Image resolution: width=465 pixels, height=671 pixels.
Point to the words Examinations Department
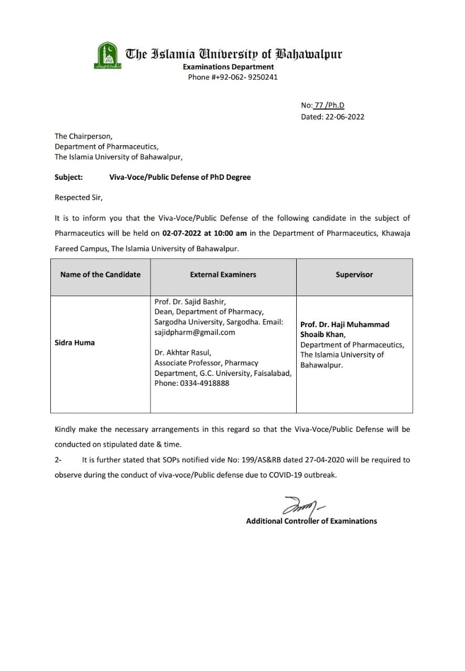pos(228,67)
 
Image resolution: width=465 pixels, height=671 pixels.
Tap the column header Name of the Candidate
pos(100,274)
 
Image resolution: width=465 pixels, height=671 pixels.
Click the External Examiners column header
pos(223,274)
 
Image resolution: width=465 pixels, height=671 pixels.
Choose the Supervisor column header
pos(354,274)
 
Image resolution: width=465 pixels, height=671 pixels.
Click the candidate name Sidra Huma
pos(74,342)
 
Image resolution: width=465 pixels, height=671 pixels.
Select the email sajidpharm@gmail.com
pos(194,332)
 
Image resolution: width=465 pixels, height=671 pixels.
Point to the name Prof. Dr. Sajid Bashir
pos(190,301)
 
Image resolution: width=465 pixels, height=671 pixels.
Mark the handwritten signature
pos(301,506)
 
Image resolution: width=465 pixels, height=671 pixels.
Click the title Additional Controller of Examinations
pos(311,521)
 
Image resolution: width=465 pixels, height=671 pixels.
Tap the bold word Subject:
pos(69,177)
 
